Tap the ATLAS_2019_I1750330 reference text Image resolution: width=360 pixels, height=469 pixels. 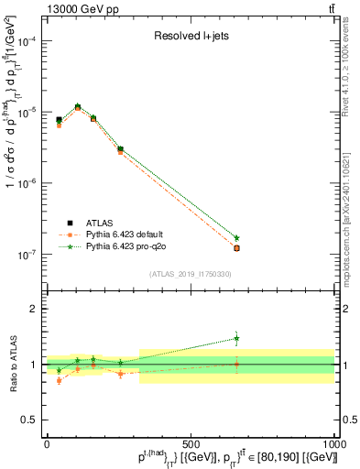pos(191,274)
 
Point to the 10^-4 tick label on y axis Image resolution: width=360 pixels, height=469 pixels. pos(27,41)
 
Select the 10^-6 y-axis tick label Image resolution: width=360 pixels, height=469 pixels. pos(27,183)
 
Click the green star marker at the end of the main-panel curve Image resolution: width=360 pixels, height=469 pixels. pos(236,238)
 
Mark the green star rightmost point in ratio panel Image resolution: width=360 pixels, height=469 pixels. pos(236,338)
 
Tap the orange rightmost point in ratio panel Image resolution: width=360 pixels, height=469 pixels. pos(236,364)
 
